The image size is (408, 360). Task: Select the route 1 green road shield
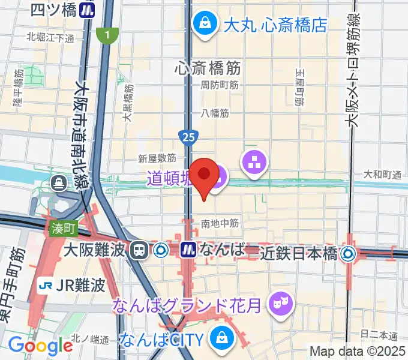tap(107, 36)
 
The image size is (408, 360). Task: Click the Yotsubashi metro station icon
tap(89, 10)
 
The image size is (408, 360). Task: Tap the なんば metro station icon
tap(188, 249)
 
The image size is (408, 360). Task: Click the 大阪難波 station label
tap(95, 249)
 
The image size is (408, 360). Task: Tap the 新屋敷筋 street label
tap(157, 158)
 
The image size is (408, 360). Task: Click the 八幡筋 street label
tap(215, 112)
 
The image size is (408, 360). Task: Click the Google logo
tap(41, 346)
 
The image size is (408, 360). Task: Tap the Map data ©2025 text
tap(356, 351)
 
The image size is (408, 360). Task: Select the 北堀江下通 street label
tap(50, 38)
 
